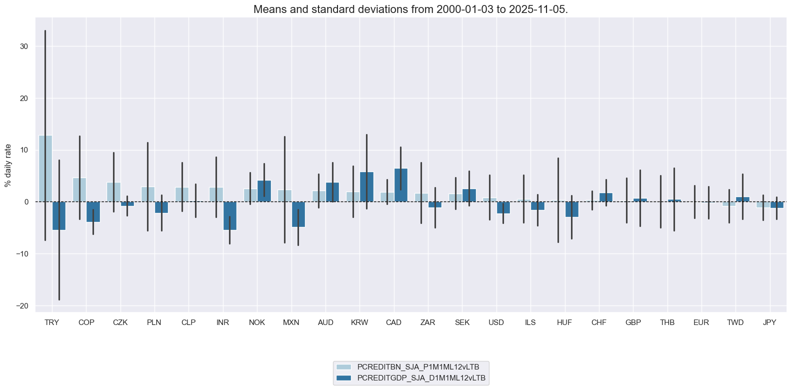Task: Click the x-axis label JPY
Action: (769, 322)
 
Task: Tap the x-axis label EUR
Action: (701, 322)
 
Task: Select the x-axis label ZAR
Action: (428, 322)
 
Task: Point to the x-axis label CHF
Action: (598, 322)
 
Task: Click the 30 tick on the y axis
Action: (24, 46)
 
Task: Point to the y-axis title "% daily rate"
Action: (8, 165)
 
